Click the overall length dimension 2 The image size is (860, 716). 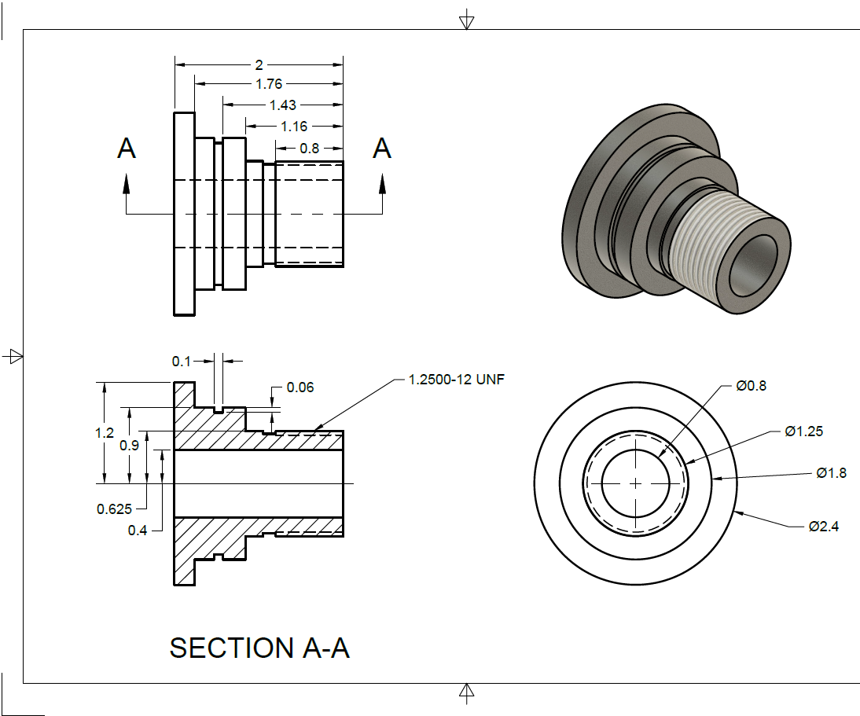pos(259,64)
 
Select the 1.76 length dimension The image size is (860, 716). pos(269,84)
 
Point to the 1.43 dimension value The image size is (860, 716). pos(283,105)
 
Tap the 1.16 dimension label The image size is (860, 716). pos(293,126)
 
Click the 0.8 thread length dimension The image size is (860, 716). pos(309,148)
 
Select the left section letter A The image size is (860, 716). pos(127,148)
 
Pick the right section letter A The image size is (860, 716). pos(382,148)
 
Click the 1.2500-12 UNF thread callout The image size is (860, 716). pos(456,380)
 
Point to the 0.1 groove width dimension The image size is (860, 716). pos(182,361)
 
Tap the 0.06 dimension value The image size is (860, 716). pos(300,387)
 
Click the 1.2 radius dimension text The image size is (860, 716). pos(105,432)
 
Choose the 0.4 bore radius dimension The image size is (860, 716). pos(138,531)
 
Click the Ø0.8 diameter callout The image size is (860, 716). pos(751,386)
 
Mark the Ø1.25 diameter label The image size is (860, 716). pos(803,431)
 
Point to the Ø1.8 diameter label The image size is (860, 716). pos(831,473)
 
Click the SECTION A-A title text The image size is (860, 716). pos(259,648)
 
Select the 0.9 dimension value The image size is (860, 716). pos(130,445)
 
